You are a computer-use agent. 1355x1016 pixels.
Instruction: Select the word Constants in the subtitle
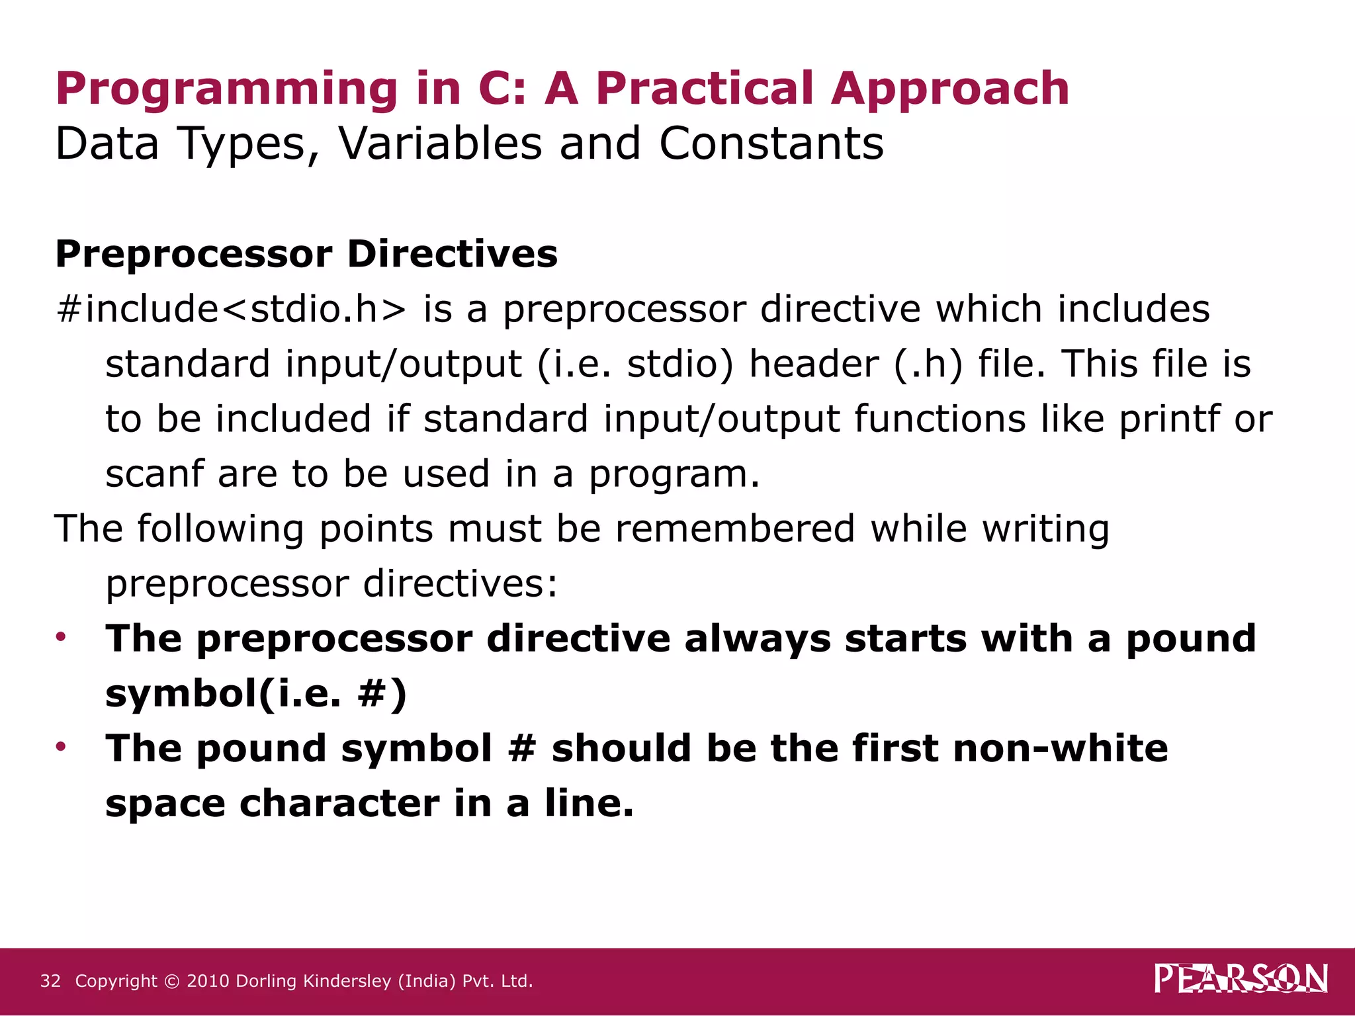(x=771, y=144)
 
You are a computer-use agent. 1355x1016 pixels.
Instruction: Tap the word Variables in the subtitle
(x=440, y=144)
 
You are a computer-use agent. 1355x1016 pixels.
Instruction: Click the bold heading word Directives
(x=452, y=254)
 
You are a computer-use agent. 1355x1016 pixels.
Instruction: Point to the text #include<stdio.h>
(x=232, y=309)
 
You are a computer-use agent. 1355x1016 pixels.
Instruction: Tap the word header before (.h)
(x=813, y=364)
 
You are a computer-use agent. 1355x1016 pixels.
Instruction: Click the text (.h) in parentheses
(x=928, y=364)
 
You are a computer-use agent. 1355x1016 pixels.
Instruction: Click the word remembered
(x=735, y=529)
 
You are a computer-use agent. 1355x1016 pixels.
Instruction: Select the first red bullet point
(x=62, y=637)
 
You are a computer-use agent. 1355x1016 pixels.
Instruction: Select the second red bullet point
(x=62, y=747)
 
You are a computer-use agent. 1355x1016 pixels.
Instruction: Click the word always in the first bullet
(x=757, y=640)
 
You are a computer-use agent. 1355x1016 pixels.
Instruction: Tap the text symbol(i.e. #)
(x=256, y=695)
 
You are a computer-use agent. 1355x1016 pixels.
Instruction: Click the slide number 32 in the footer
(x=50, y=981)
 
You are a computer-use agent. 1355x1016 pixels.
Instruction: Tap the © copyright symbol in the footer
(x=171, y=982)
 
